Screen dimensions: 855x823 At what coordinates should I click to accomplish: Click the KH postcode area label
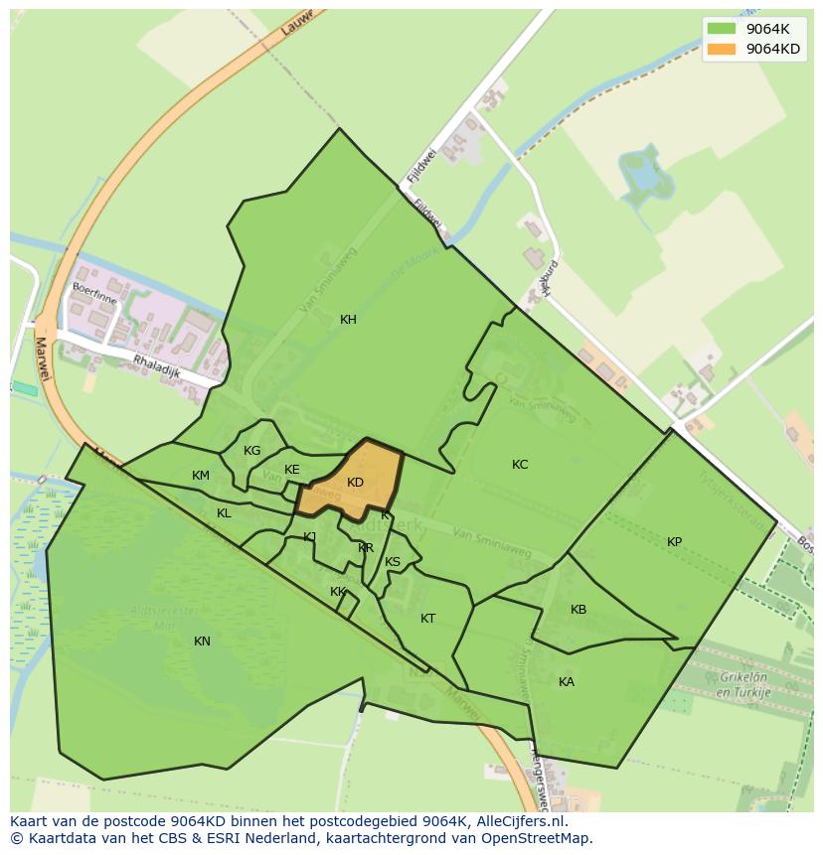(348, 320)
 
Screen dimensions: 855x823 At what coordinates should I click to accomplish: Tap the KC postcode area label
(520, 465)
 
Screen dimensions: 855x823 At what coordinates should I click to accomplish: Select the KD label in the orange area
(355, 483)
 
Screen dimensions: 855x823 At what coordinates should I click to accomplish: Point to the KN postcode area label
(202, 641)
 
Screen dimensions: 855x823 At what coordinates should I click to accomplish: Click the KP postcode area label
(675, 542)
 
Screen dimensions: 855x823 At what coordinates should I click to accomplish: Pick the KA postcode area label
(567, 682)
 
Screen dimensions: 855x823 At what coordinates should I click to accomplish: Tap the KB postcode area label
(578, 610)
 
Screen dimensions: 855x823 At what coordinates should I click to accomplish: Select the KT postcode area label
(427, 619)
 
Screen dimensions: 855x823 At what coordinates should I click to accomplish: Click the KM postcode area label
(201, 476)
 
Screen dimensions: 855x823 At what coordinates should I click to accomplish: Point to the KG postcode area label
(252, 451)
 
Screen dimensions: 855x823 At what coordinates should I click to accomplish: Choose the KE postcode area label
(292, 470)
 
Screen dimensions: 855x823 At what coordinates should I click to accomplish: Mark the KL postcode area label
(224, 513)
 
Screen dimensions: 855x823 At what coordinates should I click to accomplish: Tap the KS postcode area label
(393, 562)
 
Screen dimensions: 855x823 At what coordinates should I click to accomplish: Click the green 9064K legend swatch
(722, 29)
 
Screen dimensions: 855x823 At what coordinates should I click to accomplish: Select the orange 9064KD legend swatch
(722, 49)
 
